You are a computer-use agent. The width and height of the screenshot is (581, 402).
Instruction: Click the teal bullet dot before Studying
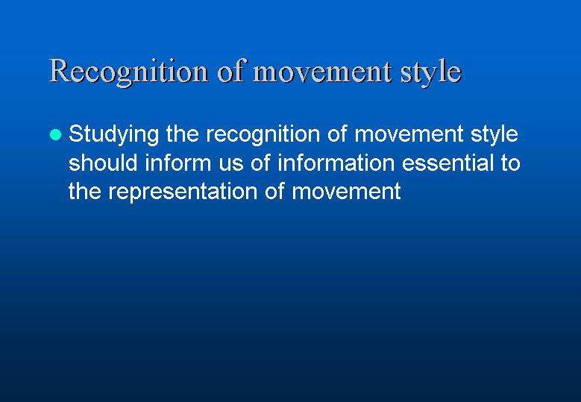55,134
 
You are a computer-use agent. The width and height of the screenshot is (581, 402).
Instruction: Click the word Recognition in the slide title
128,72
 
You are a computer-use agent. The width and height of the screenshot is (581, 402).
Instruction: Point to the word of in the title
231,70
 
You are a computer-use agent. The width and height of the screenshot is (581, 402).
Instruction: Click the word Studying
114,135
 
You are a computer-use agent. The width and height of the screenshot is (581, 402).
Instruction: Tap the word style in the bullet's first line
494,135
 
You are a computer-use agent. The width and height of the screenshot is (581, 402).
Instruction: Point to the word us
231,165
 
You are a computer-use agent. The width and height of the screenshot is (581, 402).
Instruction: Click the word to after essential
511,163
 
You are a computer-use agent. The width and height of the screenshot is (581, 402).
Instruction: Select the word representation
183,192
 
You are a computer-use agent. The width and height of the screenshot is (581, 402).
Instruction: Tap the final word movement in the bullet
347,192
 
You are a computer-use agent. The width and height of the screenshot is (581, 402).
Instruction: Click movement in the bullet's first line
409,134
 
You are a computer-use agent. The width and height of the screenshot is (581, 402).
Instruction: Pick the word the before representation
85,191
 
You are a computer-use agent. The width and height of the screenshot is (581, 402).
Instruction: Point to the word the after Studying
183,134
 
